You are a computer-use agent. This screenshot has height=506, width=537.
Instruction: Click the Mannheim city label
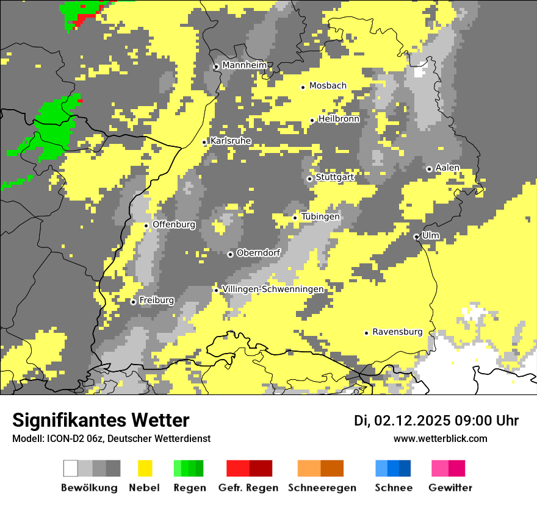click(x=244, y=65)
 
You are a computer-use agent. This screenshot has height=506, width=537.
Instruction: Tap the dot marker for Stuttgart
click(x=309, y=179)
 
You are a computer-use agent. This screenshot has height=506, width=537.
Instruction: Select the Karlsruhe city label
click(x=231, y=141)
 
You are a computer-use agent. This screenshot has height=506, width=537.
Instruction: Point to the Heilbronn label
click(x=339, y=119)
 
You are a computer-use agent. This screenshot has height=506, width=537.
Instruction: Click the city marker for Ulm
click(x=416, y=237)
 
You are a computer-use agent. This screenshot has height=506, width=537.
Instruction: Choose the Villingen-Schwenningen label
click(x=273, y=289)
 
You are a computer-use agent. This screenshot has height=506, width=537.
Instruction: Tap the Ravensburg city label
click(x=397, y=332)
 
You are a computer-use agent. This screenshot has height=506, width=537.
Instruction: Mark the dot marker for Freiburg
click(x=133, y=302)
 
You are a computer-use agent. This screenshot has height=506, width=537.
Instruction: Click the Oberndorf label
click(x=258, y=253)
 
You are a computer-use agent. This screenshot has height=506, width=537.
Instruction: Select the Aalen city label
click(x=447, y=168)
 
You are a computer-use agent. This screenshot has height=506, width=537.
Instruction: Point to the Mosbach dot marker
click(x=303, y=87)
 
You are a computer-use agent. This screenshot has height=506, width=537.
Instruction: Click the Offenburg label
click(x=174, y=224)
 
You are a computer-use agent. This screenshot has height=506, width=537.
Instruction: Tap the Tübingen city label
click(x=320, y=216)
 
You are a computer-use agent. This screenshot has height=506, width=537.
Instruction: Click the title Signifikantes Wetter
click(x=101, y=420)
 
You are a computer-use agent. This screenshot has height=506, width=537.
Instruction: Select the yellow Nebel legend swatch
click(x=145, y=468)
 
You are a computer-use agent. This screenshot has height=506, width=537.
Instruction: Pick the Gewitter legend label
click(x=450, y=488)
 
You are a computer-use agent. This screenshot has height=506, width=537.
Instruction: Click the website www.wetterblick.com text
click(x=440, y=438)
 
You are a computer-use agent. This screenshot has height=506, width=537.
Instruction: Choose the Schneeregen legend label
click(x=322, y=488)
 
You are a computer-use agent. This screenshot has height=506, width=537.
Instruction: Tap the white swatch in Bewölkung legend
click(x=71, y=468)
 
